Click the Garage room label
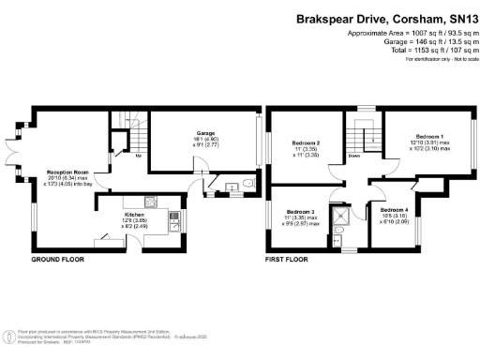(x=205, y=133)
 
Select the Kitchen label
(x=134, y=215)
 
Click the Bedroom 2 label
(x=308, y=142)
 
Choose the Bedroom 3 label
(x=301, y=212)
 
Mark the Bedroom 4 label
(x=394, y=209)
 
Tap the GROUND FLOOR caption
(x=59, y=258)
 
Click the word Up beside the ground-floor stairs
(x=139, y=156)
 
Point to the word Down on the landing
(x=352, y=156)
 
